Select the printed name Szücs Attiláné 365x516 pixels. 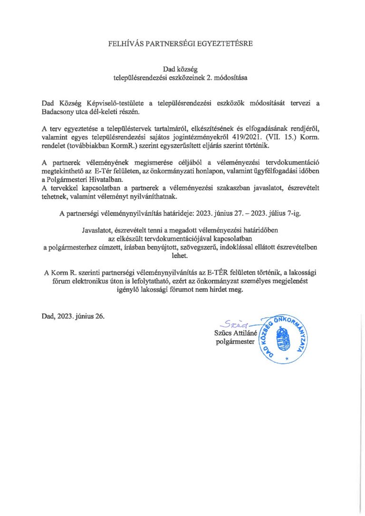point(235,334)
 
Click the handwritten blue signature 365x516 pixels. point(236,325)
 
